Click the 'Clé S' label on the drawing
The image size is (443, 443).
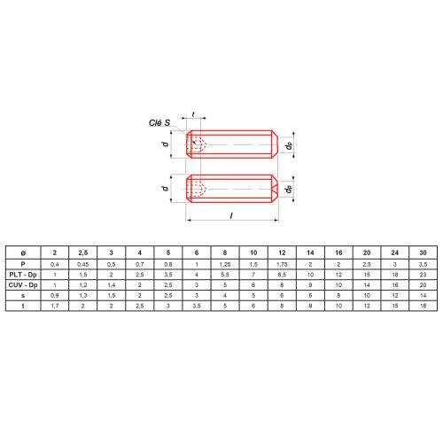159,123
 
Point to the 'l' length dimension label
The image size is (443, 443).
231,216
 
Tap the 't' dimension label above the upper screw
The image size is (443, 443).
193,114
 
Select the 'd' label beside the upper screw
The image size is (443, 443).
166,144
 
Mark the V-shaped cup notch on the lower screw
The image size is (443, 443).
275,189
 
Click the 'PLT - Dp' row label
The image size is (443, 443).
23,275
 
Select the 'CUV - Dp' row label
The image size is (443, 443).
23,285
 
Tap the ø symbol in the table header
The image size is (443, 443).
23,253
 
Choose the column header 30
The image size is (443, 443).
423,253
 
